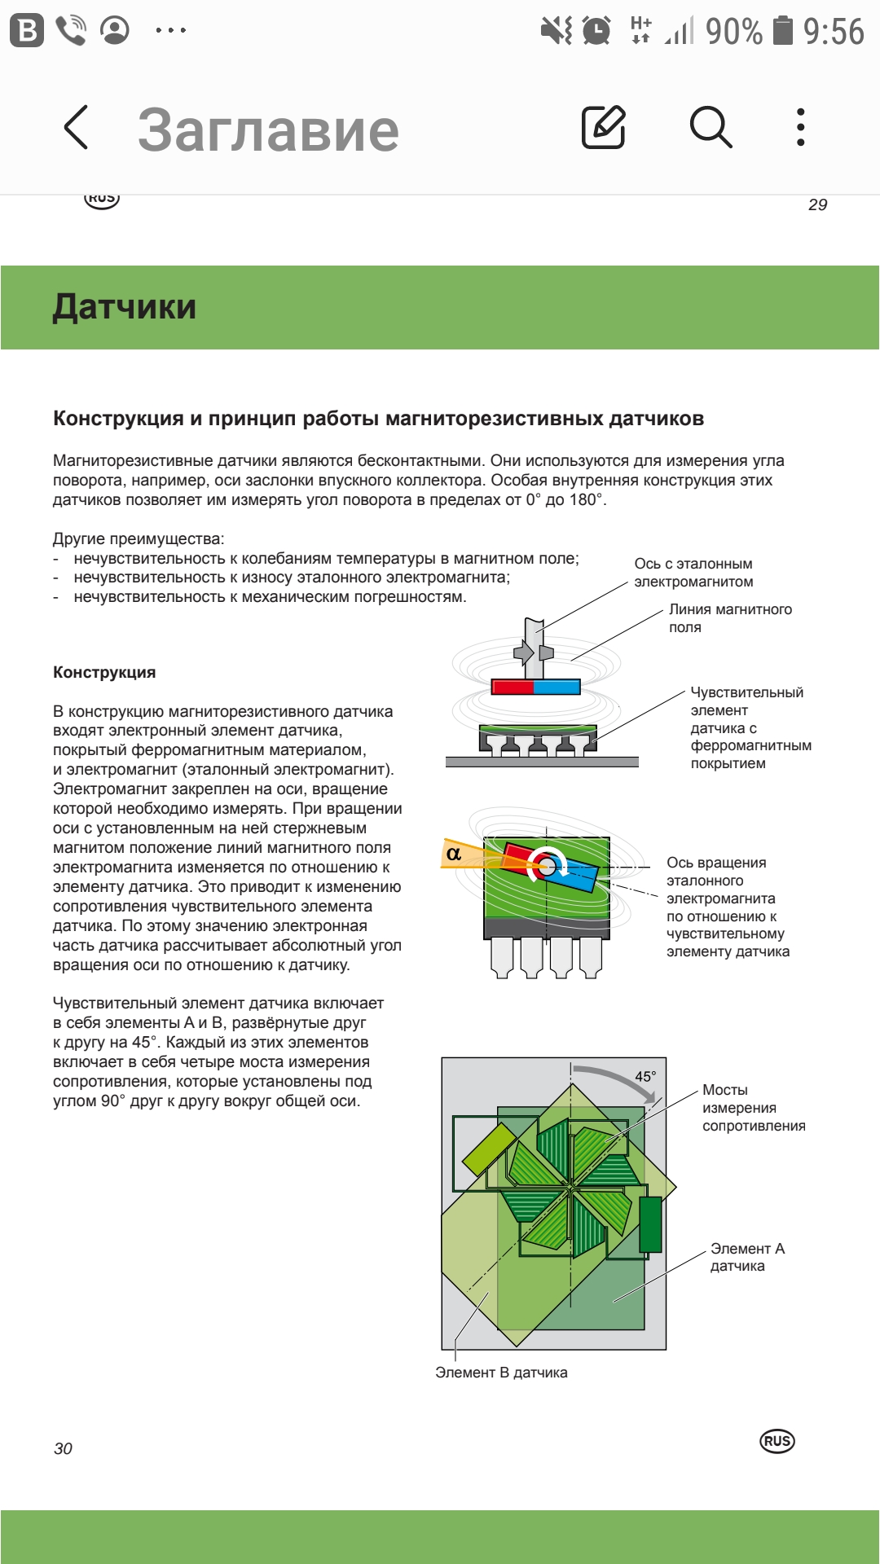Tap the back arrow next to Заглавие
76,128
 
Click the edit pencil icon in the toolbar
603,127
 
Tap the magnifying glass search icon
711,127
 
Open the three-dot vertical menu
801,127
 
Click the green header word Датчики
125,307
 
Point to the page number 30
63,1448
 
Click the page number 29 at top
817,204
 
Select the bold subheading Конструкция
104,672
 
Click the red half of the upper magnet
513,687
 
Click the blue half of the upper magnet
557,687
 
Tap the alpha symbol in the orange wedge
454,853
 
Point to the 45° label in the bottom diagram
645,1076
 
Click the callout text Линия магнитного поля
730,618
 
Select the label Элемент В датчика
501,1373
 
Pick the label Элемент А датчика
746,1257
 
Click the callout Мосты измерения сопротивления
754,1108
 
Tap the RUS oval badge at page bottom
777,1441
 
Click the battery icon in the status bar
782,31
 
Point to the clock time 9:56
834,31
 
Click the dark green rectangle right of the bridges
650,1224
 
